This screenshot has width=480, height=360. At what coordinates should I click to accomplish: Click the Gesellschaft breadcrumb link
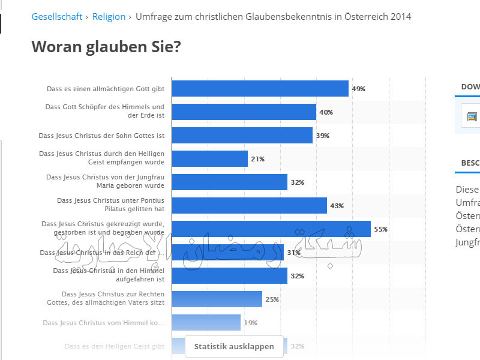coord(56,17)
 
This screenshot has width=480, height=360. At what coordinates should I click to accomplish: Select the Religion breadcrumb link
coord(109,17)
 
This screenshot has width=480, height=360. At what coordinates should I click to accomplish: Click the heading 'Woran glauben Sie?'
coord(106,47)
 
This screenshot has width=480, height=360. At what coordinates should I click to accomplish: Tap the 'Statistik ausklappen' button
coord(234,346)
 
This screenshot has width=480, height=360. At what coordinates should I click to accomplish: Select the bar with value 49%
coord(260,89)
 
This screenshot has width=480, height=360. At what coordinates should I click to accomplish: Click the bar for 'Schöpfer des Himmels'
coord(244,112)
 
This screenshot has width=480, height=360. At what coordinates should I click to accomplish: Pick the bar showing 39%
coord(242,136)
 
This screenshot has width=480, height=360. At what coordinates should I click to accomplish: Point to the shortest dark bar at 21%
coord(209,159)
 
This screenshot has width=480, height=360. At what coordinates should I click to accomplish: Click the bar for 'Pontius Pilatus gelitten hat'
coord(249,206)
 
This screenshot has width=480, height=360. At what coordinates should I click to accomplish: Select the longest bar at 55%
coord(271,229)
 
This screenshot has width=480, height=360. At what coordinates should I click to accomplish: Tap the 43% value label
coord(337,206)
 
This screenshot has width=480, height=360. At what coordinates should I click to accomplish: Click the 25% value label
coord(272,299)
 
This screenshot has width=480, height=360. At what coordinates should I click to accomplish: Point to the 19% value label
coord(250,323)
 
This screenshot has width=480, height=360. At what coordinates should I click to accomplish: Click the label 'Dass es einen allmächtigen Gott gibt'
coord(106,89)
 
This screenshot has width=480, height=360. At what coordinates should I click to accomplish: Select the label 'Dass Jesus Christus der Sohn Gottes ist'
coord(101,136)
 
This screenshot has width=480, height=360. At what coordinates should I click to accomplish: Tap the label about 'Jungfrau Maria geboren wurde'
coord(105,182)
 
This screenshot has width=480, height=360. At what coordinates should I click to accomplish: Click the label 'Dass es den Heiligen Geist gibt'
coord(114,346)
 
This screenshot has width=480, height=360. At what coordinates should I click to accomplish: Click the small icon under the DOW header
coord(472,116)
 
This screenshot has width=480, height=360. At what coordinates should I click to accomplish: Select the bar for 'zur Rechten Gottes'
coord(217,299)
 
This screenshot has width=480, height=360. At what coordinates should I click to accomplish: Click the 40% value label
coord(326,112)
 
